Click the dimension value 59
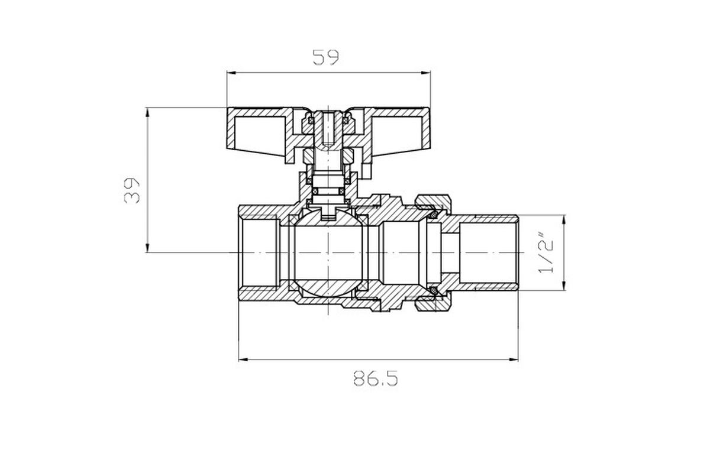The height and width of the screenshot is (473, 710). coord(326,57)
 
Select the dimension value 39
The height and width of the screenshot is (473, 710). coord(132,190)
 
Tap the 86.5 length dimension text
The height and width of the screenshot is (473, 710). coord(376,378)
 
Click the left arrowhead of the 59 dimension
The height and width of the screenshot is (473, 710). coord(232,73)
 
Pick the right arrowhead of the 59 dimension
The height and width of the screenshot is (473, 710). coord(425,73)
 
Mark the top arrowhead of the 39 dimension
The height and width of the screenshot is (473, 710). coord(147,112)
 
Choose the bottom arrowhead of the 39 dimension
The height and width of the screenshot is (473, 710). coord(147,247)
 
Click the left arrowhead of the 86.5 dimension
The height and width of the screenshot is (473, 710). coord(243,359)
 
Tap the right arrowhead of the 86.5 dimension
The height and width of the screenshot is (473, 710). coord(513,359)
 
